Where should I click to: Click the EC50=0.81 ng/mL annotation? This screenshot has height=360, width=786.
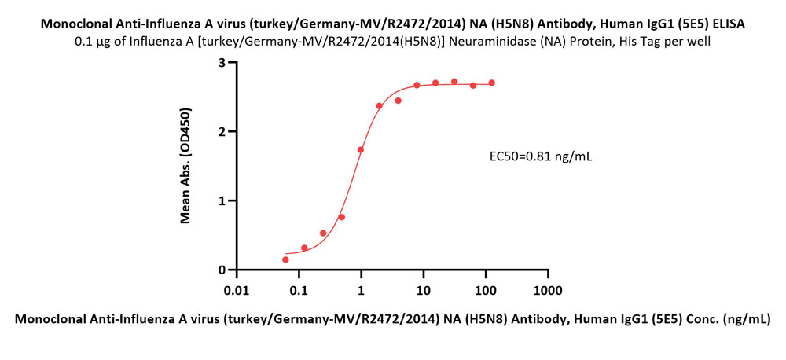click(x=541, y=156)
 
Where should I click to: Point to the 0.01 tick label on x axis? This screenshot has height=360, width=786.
click(x=237, y=291)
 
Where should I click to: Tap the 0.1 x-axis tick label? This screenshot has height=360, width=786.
click(x=299, y=291)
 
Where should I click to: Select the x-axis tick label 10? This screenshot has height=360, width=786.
click(x=423, y=291)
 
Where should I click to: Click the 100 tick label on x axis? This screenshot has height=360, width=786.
click(x=485, y=291)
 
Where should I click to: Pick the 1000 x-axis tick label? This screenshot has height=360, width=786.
click(x=547, y=291)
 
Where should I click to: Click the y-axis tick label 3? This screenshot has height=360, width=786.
click(x=222, y=62)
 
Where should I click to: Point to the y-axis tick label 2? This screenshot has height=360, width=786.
click(x=222, y=131)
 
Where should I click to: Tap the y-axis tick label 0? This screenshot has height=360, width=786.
click(x=222, y=270)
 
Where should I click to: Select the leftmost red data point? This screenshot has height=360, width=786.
click(x=285, y=259)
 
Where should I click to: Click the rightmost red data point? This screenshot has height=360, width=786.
click(x=491, y=83)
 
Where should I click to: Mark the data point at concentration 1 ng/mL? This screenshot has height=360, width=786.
click(x=361, y=149)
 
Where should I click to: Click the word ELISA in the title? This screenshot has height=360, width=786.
click(x=728, y=24)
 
